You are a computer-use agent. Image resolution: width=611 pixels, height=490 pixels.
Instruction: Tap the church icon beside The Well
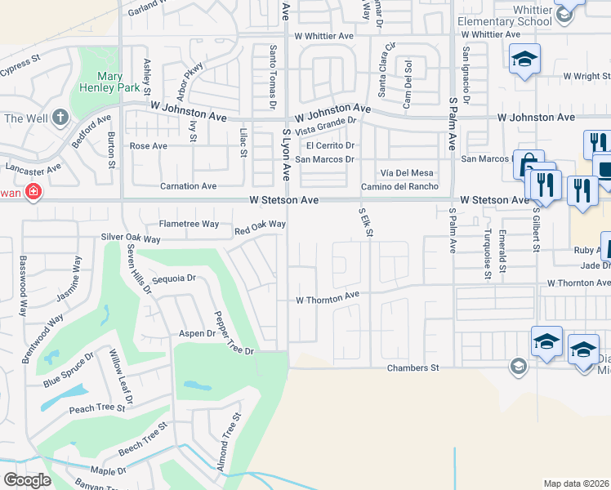tap(60, 118)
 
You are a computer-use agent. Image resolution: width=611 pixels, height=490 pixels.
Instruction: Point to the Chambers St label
tap(413, 368)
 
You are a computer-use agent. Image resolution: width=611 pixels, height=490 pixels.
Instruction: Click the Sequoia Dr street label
tap(174, 278)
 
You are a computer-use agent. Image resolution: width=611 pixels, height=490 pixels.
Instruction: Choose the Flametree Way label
tap(189, 223)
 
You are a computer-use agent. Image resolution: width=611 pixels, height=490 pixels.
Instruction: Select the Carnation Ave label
tap(188, 186)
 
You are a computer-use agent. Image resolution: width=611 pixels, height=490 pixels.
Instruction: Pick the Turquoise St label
tap(487, 252)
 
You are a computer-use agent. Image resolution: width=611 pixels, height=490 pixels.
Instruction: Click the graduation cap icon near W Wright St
tap(524, 59)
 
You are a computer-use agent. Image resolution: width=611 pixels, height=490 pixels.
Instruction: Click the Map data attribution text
tap(577, 483)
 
